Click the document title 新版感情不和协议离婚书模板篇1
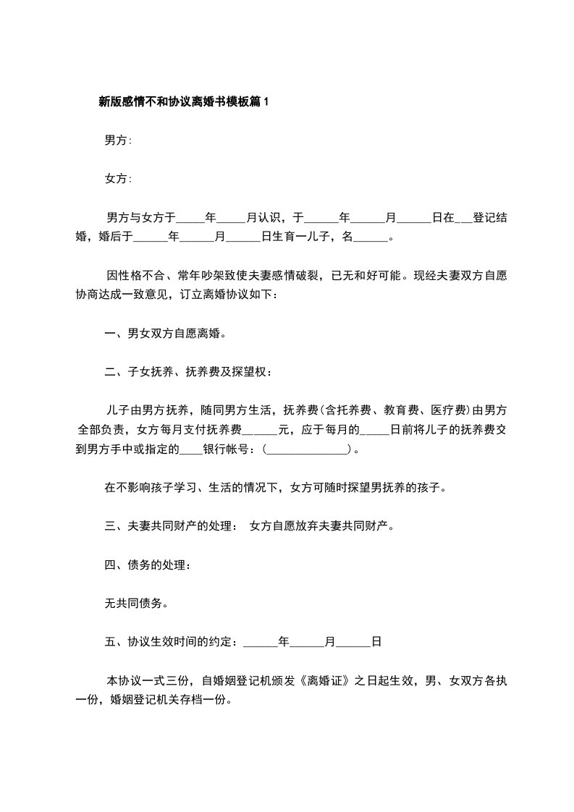tap(183, 102)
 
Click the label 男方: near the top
tap(118, 140)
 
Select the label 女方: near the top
tap(118, 178)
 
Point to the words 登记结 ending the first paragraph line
tap(490, 216)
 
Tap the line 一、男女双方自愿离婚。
tap(166, 334)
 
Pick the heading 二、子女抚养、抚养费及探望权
tap(188, 372)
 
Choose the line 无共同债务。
tap(137, 602)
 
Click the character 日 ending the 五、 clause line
tap(376, 641)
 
